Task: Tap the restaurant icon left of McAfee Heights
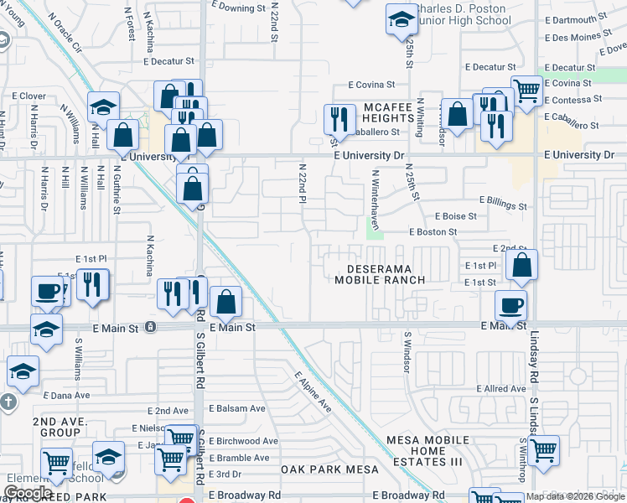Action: [x=339, y=118]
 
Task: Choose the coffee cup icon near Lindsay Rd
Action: [x=510, y=306]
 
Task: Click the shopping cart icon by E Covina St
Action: [x=526, y=89]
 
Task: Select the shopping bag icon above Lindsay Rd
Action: [x=522, y=266]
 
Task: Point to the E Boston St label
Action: [x=433, y=232]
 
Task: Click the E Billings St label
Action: [x=503, y=205]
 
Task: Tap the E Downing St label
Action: [x=239, y=8]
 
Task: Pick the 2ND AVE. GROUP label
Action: [x=56, y=427]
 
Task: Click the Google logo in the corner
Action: [x=28, y=492]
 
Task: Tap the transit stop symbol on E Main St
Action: [x=149, y=327]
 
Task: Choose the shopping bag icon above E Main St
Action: [x=226, y=302]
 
